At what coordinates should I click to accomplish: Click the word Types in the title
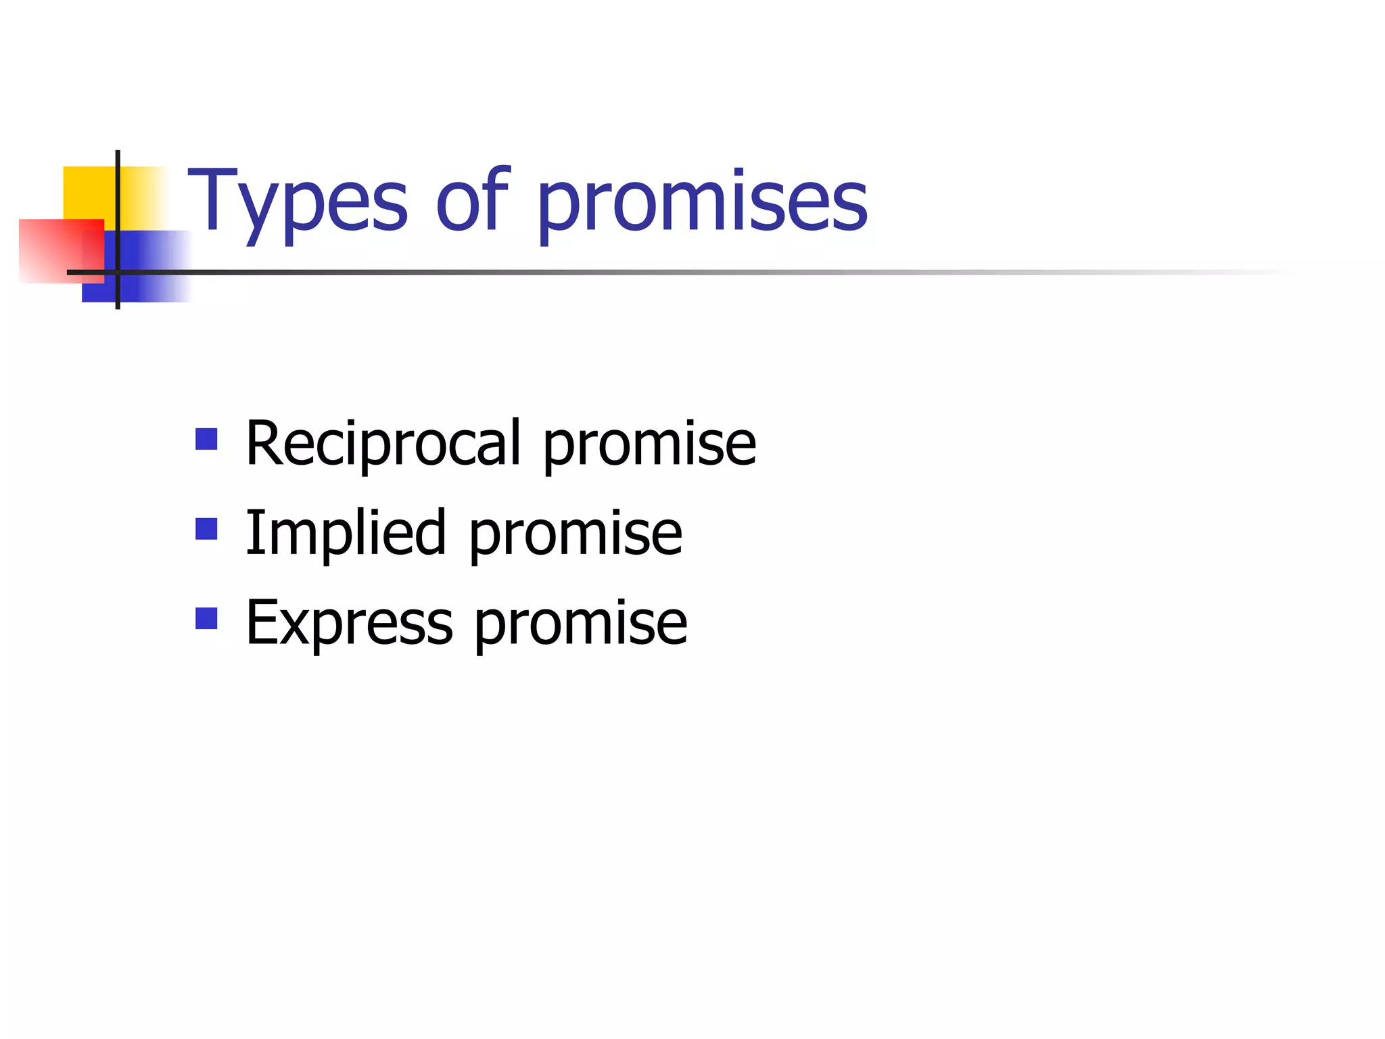coord(298,203)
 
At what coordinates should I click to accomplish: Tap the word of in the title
coord(472,200)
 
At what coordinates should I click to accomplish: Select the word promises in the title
coord(702,203)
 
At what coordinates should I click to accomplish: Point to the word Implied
coord(346,534)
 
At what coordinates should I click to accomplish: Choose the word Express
coord(349,623)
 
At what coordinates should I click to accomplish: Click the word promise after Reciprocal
coord(649,446)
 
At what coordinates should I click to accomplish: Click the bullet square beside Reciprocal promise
coord(206,439)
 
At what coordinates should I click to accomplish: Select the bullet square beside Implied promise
coord(206,528)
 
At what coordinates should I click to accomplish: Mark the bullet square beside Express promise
coord(206,618)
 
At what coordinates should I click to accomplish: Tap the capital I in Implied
coord(252,532)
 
